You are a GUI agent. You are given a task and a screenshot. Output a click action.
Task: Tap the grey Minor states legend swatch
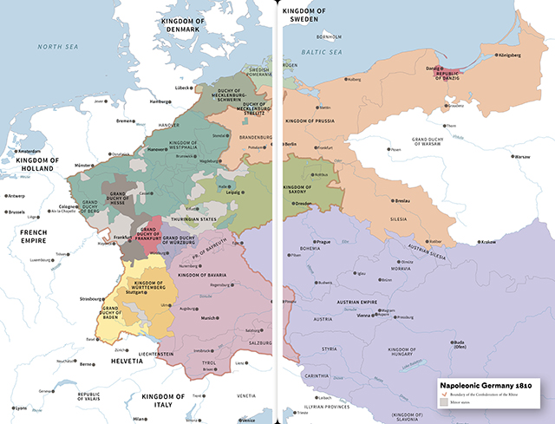pyautogui.click(x=443, y=403)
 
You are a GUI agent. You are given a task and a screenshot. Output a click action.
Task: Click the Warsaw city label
pyautogui.click(x=521, y=157)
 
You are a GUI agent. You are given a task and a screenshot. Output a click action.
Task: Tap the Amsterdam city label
pyautogui.click(x=29, y=152)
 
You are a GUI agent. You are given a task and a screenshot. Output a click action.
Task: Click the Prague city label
pyautogui.click(x=323, y=241)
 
